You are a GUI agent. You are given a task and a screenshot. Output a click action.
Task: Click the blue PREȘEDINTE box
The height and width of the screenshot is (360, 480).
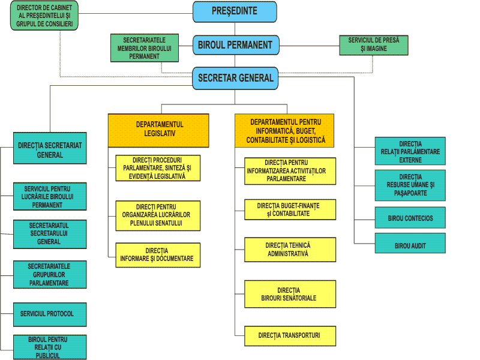[235, 11]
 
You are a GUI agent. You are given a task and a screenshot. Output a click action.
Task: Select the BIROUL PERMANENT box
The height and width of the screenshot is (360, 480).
[236, 46]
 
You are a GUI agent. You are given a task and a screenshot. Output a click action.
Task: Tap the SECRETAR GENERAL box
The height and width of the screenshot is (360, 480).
[235, 79]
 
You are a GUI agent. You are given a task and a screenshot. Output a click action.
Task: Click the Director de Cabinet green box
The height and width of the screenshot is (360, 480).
[44, 16]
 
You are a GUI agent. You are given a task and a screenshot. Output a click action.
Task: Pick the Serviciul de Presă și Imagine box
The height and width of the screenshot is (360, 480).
[374, 45]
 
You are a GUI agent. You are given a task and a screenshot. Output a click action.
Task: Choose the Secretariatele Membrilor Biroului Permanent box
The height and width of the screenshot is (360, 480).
[145, 48]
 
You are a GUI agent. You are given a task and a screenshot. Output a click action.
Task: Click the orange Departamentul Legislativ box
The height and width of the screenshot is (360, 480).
[158, 130]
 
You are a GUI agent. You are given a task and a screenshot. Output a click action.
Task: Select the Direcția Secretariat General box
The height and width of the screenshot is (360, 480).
[50, 148]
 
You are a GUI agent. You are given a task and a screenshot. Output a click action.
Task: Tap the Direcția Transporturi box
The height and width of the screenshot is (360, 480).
[290, 336]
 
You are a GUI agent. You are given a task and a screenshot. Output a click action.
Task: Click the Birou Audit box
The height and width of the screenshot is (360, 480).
[410, 244]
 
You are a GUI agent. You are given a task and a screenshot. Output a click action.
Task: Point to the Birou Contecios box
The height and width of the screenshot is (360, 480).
[410, 218]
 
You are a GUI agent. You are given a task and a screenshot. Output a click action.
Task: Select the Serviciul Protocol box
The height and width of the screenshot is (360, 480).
[50, 314]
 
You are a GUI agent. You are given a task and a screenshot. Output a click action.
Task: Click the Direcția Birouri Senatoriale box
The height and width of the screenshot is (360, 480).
[290, 294]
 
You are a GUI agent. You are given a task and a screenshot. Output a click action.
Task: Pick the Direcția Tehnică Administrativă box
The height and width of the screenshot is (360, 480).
[290, 250]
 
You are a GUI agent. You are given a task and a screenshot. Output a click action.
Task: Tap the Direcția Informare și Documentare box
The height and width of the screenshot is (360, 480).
[158, 255]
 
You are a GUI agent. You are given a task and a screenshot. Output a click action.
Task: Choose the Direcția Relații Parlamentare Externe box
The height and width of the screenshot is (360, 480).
[410, 151]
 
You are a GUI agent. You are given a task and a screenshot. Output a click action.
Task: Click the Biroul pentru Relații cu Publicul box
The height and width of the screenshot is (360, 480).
[50, 347]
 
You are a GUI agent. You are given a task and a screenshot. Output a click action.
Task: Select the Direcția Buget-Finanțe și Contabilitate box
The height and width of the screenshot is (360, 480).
[290, 209]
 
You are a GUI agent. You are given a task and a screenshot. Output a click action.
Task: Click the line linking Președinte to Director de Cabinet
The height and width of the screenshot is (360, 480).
[136, 13]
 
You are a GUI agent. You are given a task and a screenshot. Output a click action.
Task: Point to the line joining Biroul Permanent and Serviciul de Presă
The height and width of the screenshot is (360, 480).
[309, 46]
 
